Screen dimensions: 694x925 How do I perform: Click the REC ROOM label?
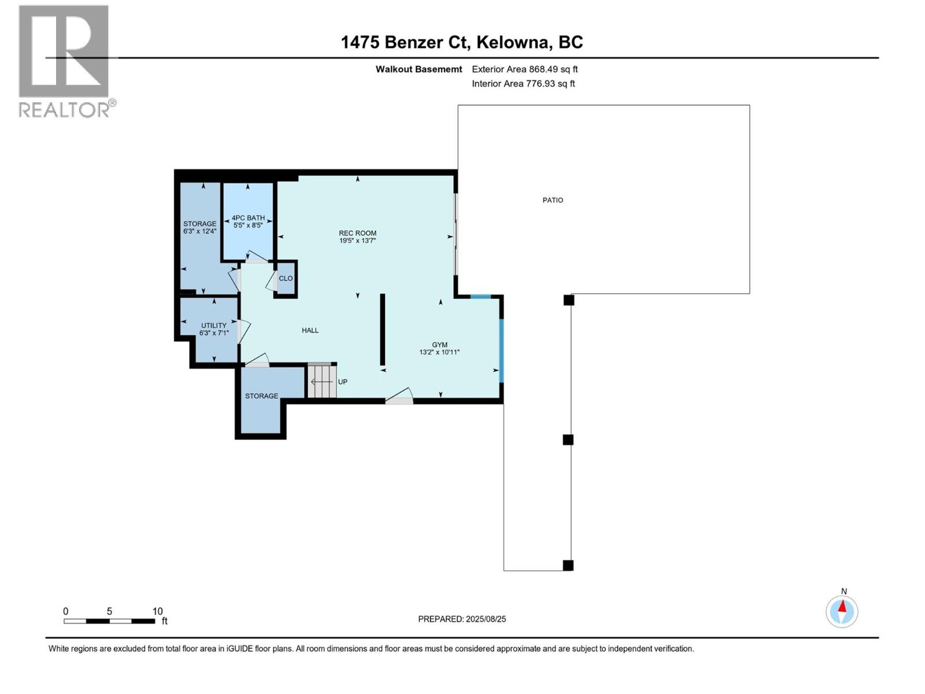pyautogui.click(x=357, y=233)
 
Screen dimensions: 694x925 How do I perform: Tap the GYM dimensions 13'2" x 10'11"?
pyautogui.click(x=439, y=352)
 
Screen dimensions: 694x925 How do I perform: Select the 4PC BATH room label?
pyautogui.click(x=248, y=218)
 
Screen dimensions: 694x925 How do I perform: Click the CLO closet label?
pyautogui.click(x=286, y=278)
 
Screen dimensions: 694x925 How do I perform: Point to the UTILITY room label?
pyautogui.click(x=213, y=326)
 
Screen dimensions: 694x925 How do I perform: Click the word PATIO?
pyautogui.click(x=553, y=200)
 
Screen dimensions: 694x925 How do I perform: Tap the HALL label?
pyautogui.click(x=310, y=330)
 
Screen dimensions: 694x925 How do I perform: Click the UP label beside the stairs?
pyautogui.click(x=343, y=382)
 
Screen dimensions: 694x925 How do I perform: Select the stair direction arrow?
pyautogui.click(x=321, y=382)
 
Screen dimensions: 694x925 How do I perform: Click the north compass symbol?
pyautogui.click(x=842, y=611)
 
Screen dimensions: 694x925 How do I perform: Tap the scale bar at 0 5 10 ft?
pyautogui.click(x=109, y=621)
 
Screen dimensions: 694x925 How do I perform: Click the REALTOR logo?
pyautogui.click(x=64, y=61)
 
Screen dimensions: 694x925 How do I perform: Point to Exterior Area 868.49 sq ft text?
pyautogui.click(x=524, y=69)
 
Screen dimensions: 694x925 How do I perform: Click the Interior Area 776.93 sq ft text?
pyautogui.click(x=523, y=83)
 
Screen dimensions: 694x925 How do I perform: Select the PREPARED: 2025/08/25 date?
pyautogui.click(x=462, y=619)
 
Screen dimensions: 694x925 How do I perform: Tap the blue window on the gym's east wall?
pyautogui.click(x=501, y=350)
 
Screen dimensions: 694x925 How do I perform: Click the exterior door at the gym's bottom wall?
pyautogui.click(x=399, y=398)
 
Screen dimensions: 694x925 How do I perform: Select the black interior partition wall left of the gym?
pyautogui.click(x=382, y=330)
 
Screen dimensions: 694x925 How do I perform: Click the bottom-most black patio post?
pyautogui.click(x=568, y=566)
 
